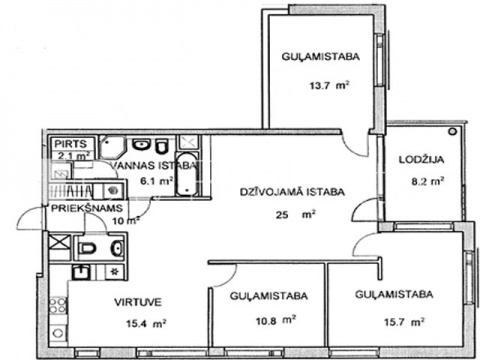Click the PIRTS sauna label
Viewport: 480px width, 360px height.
pyautogui.click(x=70, y=144)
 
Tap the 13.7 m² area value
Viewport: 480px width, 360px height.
pyautogui.click(x=329, y=85)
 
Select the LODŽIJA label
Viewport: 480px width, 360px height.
pyautogui.click(x=422, y=159)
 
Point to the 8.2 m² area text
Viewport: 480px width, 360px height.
pyautogui.click(x=428, y=181)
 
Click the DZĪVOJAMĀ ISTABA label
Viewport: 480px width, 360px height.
pyautogui.click(x=292, y=192)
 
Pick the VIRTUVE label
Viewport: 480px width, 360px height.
pyautogui.click(x=138, y=302)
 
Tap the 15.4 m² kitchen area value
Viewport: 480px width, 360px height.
pyautogui.click(x=146, y=323)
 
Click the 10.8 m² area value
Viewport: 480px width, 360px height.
pyautogui.click(x=276, y=321)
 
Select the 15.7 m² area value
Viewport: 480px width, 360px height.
pyautogui.click(x=404, y=322)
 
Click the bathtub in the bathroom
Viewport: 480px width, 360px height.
pyautogui.click(x=187, y=174)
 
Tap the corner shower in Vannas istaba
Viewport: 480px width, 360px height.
pyautogui.click(x=113, y=147)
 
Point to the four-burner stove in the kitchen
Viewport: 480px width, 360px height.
pyautogui.click(x=58, y=305)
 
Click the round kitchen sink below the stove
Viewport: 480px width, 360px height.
pyautogui.click(x=58, y=333)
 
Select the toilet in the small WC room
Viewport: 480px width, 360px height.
pyautogui.click(x=88, y=248)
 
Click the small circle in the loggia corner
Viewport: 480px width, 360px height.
pyautogui.click(x=452, y=131)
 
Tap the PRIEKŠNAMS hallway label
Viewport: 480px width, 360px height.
pyautogui.click(x=87, y=208)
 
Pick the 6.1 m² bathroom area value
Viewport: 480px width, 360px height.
pyautogui.click(x=156, y=181)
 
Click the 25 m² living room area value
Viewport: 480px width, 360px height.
pyautogui.click(x=295, y=214)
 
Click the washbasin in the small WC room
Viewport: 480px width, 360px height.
pyautogui.click(x=118, y=248)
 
